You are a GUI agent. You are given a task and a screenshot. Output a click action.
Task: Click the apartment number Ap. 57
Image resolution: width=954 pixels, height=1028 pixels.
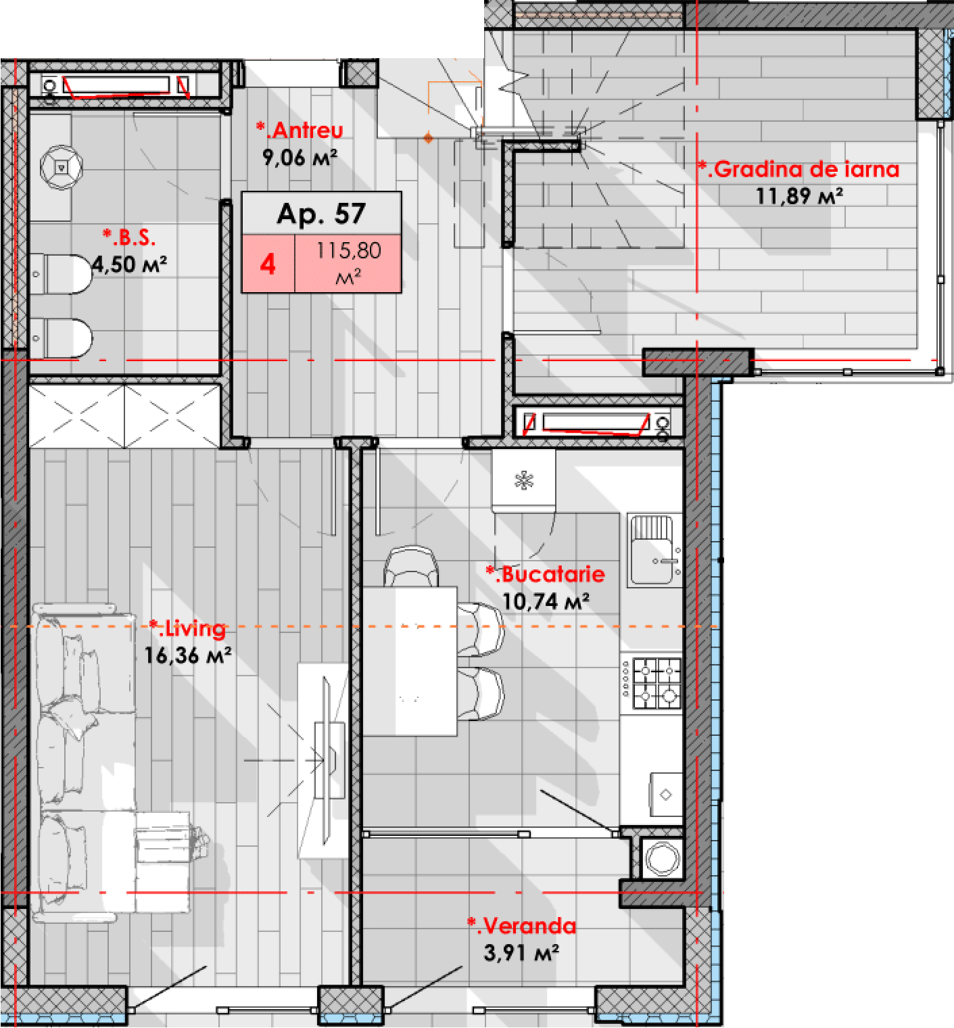(x=321, y=214)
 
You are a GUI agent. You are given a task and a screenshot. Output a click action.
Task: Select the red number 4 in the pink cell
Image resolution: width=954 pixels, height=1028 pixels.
(x=268, y=264)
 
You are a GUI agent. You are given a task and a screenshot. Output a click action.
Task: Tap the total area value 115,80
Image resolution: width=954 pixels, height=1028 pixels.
(x=348, y=251)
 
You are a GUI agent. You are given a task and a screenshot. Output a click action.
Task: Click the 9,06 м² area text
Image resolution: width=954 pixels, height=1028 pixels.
(x=300, y=158)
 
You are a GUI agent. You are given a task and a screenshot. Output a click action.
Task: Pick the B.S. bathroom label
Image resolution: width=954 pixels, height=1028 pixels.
(x=131, y=237)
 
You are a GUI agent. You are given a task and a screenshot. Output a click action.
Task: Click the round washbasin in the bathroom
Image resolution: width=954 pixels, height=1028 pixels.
(x=61, y=166)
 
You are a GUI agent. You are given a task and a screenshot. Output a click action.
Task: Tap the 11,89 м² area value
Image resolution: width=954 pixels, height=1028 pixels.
(x=798, y=196)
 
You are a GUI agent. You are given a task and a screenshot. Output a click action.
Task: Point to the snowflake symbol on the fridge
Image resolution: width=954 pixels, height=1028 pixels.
(x=524, y=481)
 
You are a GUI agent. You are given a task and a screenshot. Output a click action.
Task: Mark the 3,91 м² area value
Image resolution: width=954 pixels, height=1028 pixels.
(x=521, y=953)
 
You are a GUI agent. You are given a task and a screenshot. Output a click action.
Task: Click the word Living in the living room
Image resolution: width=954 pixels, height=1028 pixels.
(x=193, y=628)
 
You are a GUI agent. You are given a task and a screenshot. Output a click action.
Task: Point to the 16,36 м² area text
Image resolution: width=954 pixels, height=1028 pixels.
(x=187, y=655)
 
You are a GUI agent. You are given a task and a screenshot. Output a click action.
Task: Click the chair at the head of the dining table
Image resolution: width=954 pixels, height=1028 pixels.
(x=411, y=565)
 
